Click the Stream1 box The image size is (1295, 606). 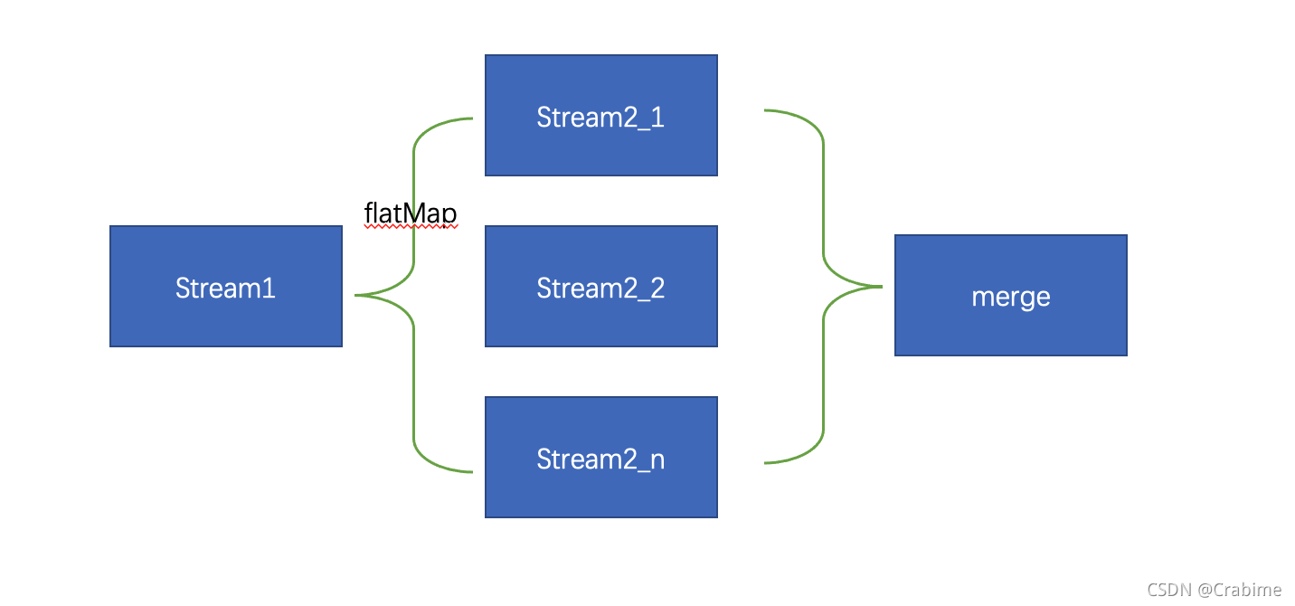click(226, 286)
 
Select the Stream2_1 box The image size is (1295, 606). click(601, 115)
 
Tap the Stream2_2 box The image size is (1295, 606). click(601, 286)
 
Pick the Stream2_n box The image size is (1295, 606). click(601, 458)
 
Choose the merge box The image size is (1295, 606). click(1011, 296)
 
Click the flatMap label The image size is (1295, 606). click(411, 213)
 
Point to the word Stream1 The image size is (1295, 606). click(225, 288)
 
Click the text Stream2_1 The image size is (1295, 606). click(600, 118)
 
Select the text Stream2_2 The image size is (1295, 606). click(600, 288)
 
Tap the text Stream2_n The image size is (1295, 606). click(600, 459)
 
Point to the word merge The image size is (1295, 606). click(1010, 298)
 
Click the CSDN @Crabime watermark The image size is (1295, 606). click(1214, 590)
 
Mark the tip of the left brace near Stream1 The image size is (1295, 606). click(355, 295)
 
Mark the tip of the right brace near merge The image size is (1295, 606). click(882, 286)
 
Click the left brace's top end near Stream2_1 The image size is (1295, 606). click(472, 118)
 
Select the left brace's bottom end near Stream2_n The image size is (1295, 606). click(472, 472)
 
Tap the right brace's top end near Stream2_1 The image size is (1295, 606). click(765, 109)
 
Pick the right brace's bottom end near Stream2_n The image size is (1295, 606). click(765, 462)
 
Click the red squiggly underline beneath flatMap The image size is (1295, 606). click(411, 227)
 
